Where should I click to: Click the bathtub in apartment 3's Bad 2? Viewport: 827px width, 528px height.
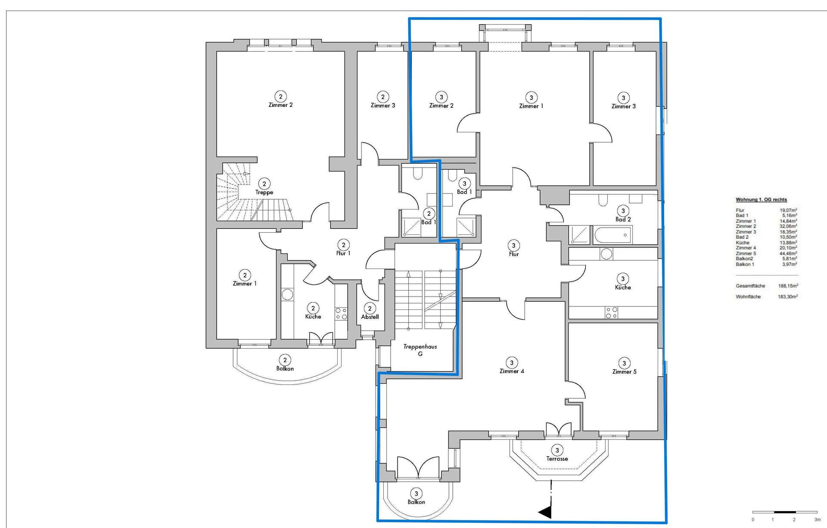coord(612,235)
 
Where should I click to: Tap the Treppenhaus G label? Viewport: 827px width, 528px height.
coord(420,350)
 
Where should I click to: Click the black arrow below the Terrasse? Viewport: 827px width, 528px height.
coord(545,512)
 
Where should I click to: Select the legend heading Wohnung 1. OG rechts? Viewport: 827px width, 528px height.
coord(761,200)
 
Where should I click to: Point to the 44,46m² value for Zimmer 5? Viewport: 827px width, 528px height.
coord(788,253)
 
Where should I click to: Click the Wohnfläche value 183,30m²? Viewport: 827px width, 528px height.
coord(788,297)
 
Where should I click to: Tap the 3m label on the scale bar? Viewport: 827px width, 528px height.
coord(817,520)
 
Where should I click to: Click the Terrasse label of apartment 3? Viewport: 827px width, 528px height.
coord(557,459)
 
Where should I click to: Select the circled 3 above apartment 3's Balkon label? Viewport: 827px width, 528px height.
coord(416,494)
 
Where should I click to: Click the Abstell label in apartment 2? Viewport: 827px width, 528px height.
coord(370,317)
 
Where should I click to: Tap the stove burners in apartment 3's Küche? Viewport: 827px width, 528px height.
coord(611,312)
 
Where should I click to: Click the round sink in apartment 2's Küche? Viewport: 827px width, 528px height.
coord(287,294)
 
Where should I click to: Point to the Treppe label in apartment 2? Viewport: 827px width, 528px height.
coord(264,192)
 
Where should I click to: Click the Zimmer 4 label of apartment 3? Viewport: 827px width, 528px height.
coord(512,371)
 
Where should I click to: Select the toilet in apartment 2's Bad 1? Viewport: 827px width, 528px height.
coord(417,174)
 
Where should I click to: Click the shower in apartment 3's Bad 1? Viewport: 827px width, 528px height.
coord(466,227)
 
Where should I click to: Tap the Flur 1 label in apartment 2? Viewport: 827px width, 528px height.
coord(343,253)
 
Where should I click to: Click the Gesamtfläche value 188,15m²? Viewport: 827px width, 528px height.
coord(788,286)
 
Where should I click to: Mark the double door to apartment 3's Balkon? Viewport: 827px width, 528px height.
coord(417,468)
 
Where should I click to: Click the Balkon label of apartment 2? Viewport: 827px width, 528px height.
coord(285,369)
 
